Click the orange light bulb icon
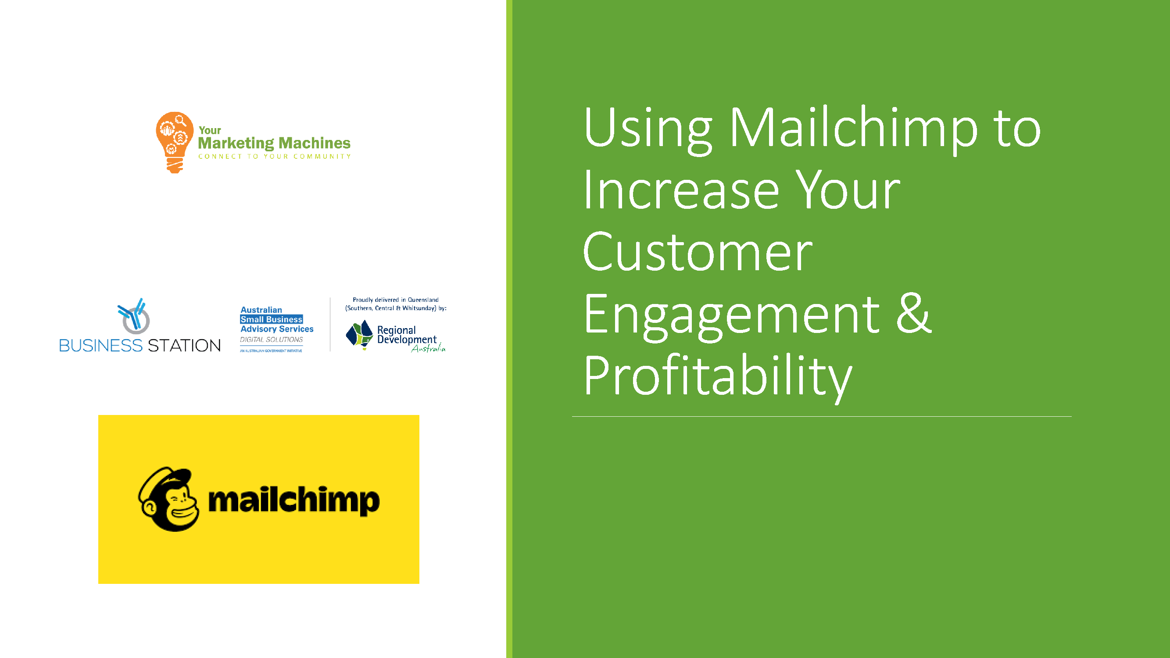click(175, 142)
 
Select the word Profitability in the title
click(718, 377)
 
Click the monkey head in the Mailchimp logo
click(168, 499)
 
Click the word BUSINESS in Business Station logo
click(101, 346)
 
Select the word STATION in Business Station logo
click(184, 346)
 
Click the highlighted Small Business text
click(272, 319)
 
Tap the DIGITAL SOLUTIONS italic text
click(272, 340)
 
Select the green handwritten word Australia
click(428, 348)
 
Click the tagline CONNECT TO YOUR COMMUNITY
click(275, 157)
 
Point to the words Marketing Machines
click(274, 143)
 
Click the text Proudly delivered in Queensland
click(396, 300)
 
